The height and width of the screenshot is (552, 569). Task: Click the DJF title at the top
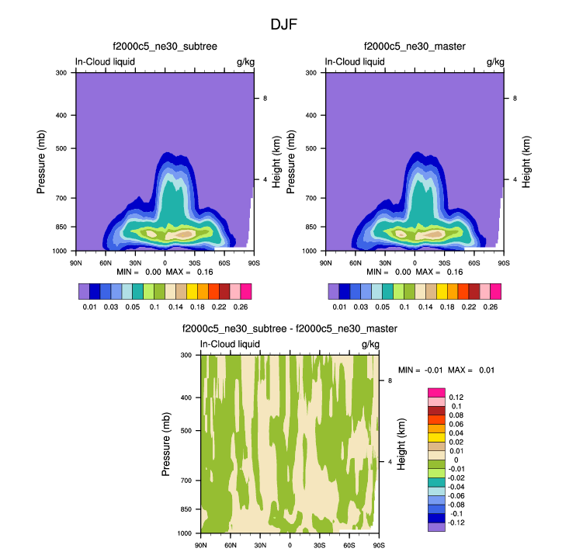click(x=283, y=24)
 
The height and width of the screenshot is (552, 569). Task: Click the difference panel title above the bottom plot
click(x=290, y=329)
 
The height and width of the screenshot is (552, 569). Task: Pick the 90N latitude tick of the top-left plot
click(x=76, y=262)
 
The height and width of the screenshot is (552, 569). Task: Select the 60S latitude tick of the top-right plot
click(x=474, y=262)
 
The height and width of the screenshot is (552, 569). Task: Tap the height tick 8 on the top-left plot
click(x=265, y=99)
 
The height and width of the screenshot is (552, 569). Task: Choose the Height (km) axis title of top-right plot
click(x=526, y=161)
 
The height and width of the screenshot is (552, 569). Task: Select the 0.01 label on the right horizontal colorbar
click(x=340, y=307)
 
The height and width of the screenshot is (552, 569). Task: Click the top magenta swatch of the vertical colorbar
click(x=436, y=392)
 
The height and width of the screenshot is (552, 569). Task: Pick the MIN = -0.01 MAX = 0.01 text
click(x=446, y=370)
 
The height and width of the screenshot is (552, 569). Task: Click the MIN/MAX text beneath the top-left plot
click(x=164, y=273)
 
